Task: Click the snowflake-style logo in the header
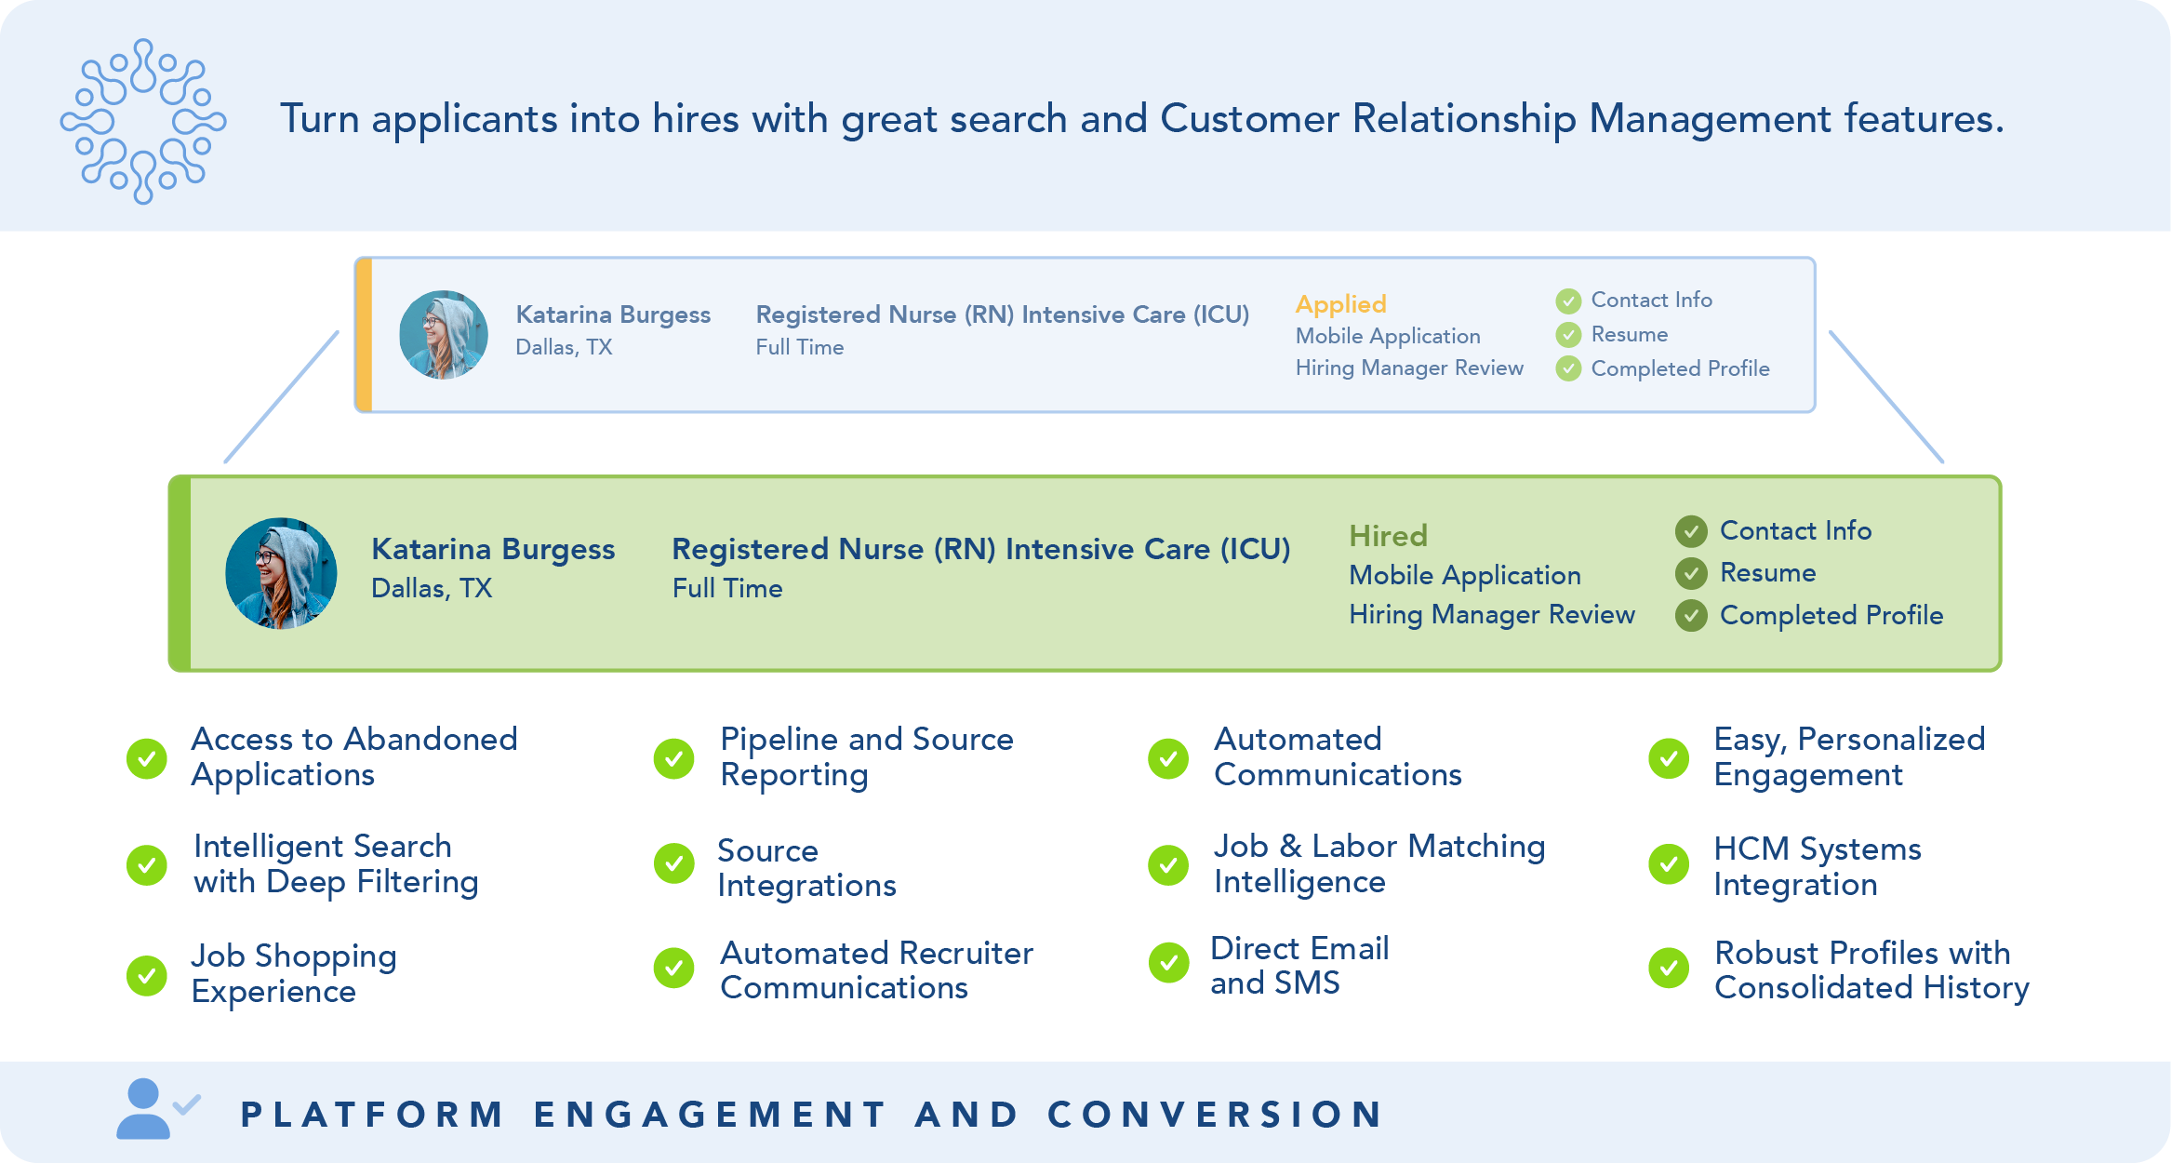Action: coord(143,121)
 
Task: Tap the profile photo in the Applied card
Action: coord(444,335)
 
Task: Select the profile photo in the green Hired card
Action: coord(281,573)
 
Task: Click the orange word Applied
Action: coord(1340,304)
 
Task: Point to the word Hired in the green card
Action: coord(1388,536)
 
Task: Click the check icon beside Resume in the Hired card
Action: coord(1691,573)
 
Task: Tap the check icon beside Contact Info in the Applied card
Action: coord(1568,301)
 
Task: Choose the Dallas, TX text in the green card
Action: coord(432,588)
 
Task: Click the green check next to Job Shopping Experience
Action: coord(147,975)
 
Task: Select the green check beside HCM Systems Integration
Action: coord(1669,865)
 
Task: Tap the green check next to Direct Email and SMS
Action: coord(1168,963)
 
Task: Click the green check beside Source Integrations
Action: coord(673,863)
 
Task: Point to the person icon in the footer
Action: coord(144,1109)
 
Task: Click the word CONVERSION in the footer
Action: coord(1216,1114)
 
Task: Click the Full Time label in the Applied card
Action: coord(800,347)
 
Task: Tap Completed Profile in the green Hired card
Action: coord(1831,615)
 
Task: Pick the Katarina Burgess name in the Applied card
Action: coord(613,314)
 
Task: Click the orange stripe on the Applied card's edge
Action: coord(365,335)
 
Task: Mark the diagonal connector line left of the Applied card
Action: coord(281,397)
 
